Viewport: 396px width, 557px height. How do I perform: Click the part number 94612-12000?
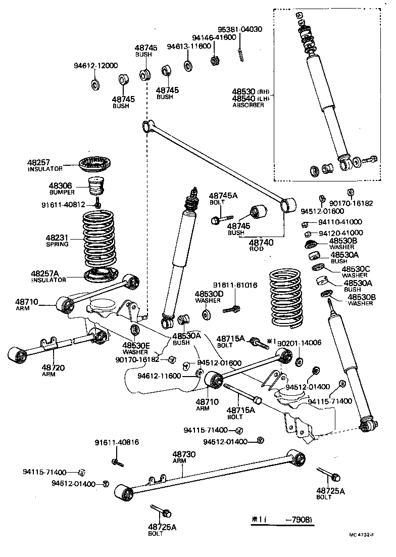(95, 65)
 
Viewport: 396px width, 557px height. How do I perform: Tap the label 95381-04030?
(240, 29)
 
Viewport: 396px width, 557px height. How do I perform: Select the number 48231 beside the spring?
(57, 237)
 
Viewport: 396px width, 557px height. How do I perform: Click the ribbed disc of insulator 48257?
(95, 164)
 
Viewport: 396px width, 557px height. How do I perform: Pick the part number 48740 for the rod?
(261, 243)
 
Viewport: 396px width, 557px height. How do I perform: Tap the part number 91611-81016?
(235, 285)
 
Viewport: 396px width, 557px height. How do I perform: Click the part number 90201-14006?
(300, 342)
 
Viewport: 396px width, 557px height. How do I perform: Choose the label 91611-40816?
(117, 442)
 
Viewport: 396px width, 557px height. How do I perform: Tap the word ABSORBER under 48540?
(248, 105)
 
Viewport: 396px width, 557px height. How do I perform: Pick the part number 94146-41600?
(214, 37)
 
